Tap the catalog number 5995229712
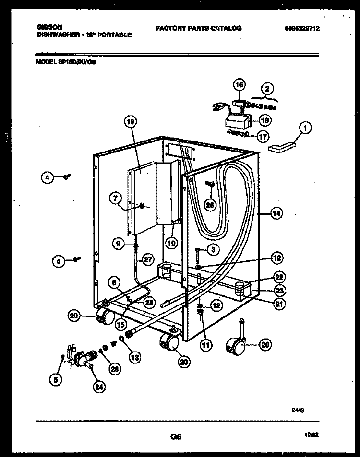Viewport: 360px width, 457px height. (302, 29)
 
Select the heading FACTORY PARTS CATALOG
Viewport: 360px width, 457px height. (198, 29)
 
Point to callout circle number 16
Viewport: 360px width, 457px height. (239, 85)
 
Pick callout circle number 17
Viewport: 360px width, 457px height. (261, 136)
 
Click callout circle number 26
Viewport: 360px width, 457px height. (209, 205)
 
